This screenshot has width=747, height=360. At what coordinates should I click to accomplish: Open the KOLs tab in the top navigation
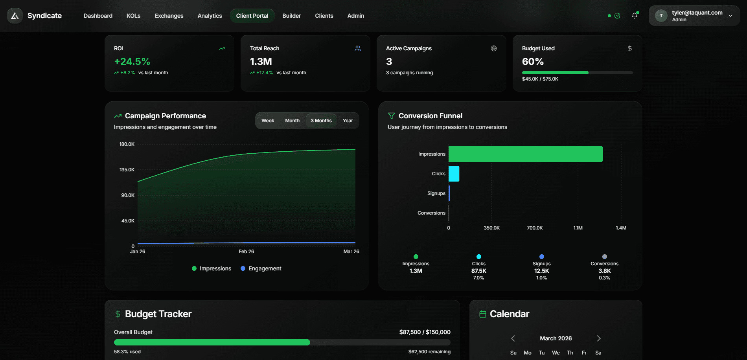click(133, 16)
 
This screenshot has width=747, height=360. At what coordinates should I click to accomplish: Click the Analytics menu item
click(210, 16)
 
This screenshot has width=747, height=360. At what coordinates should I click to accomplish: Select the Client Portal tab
click(252, 16)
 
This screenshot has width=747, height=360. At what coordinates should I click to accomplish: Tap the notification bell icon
click(634, 16)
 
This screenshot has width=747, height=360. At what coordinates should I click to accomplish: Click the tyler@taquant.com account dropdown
click(694, 16)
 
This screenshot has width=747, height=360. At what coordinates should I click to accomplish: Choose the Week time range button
click(268, 121)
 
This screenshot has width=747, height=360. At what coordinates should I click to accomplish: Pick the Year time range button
click(348, 121)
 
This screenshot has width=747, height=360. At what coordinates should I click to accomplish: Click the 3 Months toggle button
click(321, 121)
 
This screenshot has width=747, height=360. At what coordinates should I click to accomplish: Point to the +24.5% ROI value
click(132, 62)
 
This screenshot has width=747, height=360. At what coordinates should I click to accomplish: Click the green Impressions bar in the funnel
click(525, 154)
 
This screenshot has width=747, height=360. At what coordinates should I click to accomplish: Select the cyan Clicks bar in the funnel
click(454, 174)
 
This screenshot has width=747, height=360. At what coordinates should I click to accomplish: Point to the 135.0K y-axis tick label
click(127, 170)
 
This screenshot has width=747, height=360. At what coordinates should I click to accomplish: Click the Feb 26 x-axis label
click(246, 252)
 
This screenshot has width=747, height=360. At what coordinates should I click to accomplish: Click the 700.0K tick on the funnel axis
click(535, 228)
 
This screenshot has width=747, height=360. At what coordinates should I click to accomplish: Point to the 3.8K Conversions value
click(604, 271)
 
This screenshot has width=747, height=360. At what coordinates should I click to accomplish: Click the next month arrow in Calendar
click(598, 338)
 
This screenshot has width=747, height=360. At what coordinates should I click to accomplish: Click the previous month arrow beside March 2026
click(513, 338)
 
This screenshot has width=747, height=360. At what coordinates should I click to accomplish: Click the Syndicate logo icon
click(15, 16)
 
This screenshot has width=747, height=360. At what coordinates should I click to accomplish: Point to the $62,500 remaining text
click(429, 352)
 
